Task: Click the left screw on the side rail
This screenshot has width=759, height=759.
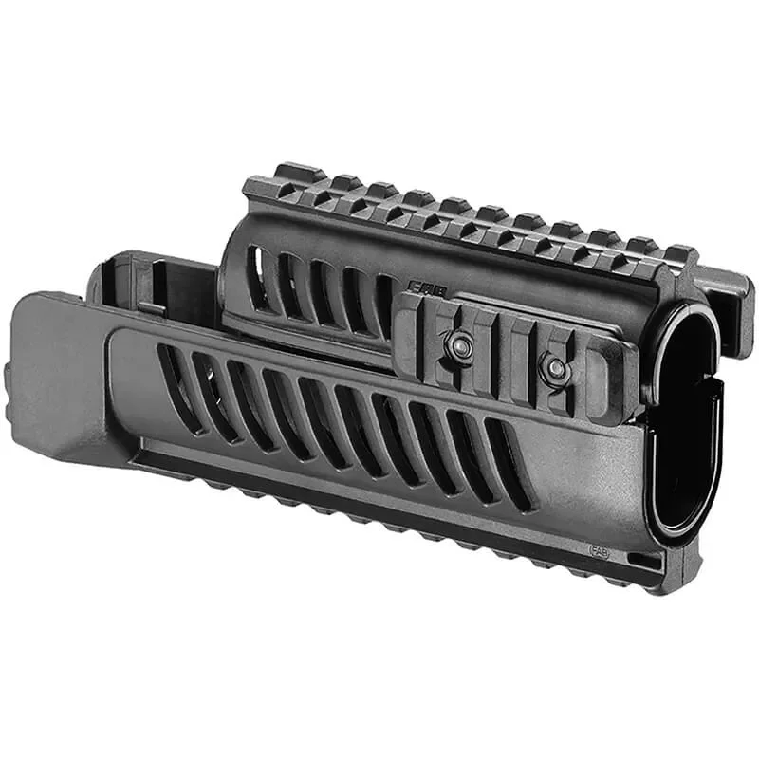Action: coord(462,348)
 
